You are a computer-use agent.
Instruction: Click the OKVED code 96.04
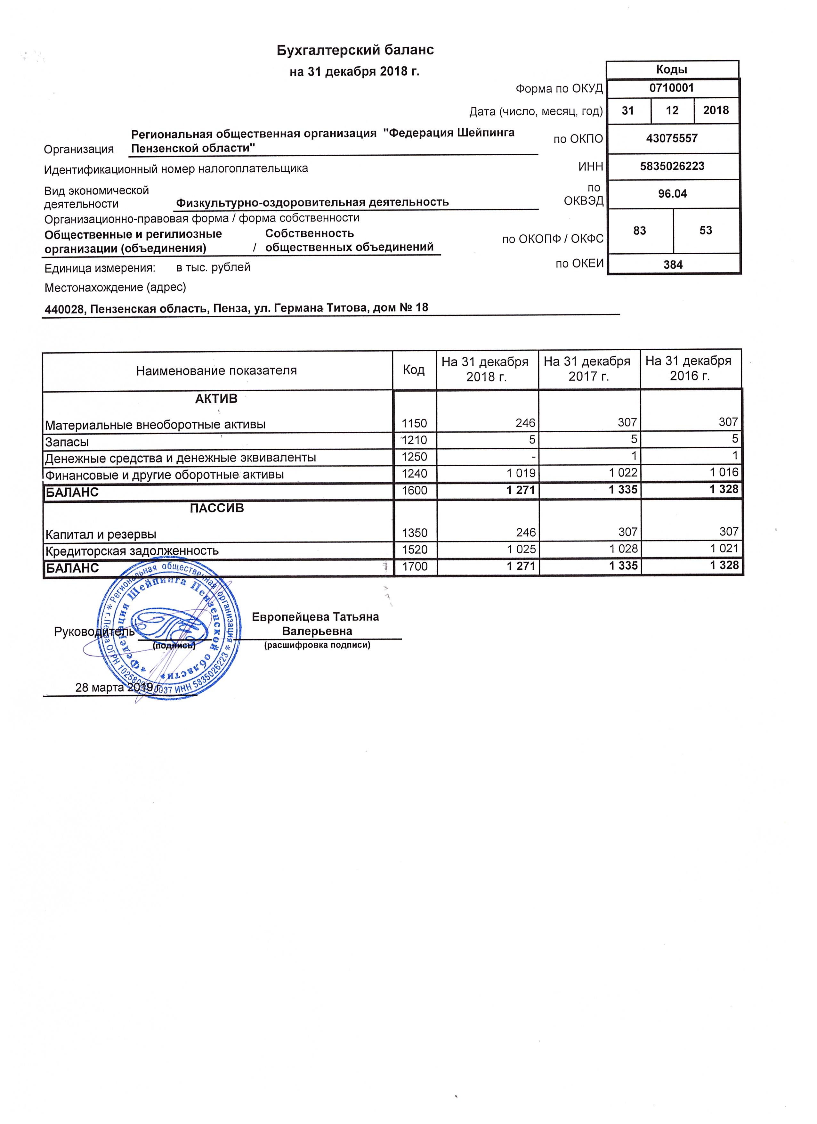pyautogui.click(x=672, y=194)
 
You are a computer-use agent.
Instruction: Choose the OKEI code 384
pyautogui.click(x=673, y=265)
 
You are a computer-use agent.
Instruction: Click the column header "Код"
pyautogui.click(x=413, y=370)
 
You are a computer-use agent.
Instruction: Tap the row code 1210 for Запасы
pyautogui.click(x=414, y=440)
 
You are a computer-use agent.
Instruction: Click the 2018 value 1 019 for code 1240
pyautogui.click(x=521, y=473)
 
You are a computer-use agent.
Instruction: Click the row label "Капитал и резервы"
pyautogui.click(x=101, y=534)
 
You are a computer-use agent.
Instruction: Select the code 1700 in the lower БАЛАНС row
pyautogui.click(x=414, y=566)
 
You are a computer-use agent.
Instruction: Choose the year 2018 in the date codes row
pyautogui.click(x=716, y=110)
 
